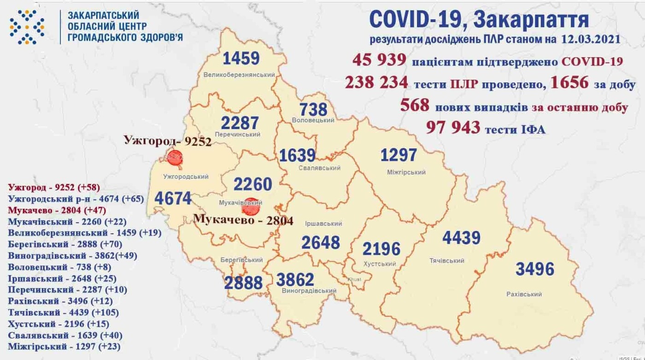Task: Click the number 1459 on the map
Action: tap(241, 59)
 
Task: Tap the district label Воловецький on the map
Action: tap(313, 120)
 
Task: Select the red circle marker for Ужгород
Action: tap(175, 158)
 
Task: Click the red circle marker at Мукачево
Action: tap(251, 207)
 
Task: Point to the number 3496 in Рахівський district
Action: tap(534, 269)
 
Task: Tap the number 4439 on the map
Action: tap(461, 238)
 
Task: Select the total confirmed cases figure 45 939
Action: tap(379, 60)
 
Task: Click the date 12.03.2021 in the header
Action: tap(591, 39)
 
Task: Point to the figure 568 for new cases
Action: tap(415, 105)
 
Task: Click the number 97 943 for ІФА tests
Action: tap(453, 127)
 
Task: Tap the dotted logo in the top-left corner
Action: tap(27, 27)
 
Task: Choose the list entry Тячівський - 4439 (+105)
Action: tap(64, 313)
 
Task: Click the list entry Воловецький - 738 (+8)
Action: tap(59, 267)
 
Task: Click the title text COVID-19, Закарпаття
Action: tap(479, 19)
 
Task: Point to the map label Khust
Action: tap(354, 280)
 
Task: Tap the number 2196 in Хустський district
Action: tap(381, 249)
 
